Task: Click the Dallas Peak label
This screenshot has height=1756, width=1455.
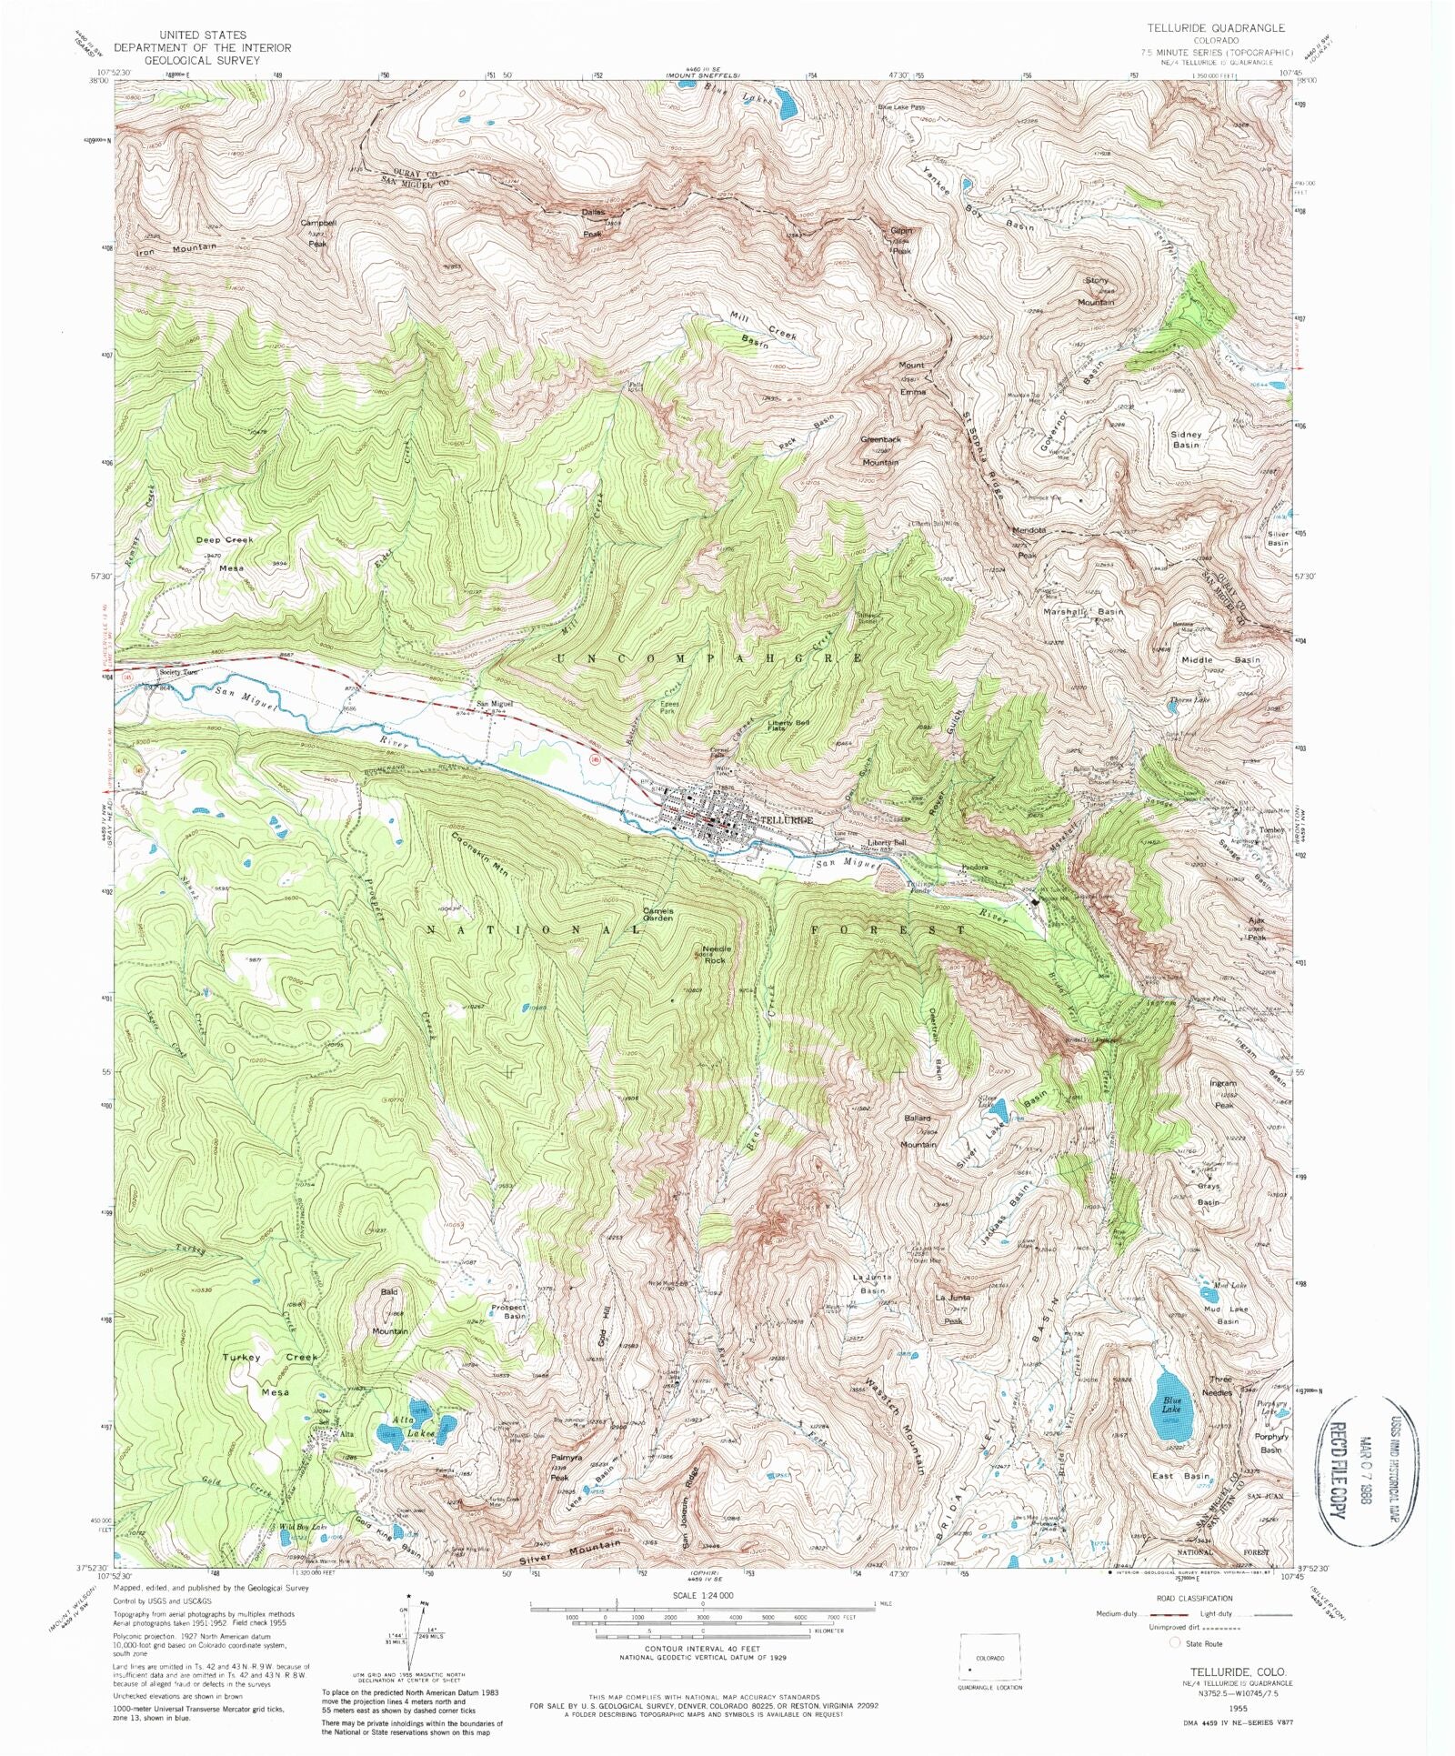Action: click(x=593, y=223)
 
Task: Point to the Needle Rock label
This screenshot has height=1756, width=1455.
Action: click(x=715, y=954)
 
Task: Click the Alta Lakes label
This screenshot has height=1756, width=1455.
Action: click(x=414, y=1426)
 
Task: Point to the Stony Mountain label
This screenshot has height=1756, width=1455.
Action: click(x=1097, y=291)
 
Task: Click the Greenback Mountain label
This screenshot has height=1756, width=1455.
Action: click(x=880, y=450)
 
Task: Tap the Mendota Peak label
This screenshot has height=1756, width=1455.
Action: click(x=1029, y=542)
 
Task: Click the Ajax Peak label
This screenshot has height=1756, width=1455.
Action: click(x=1256, y=928)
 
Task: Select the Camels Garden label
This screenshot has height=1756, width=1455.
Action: click(x=658, y=914)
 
